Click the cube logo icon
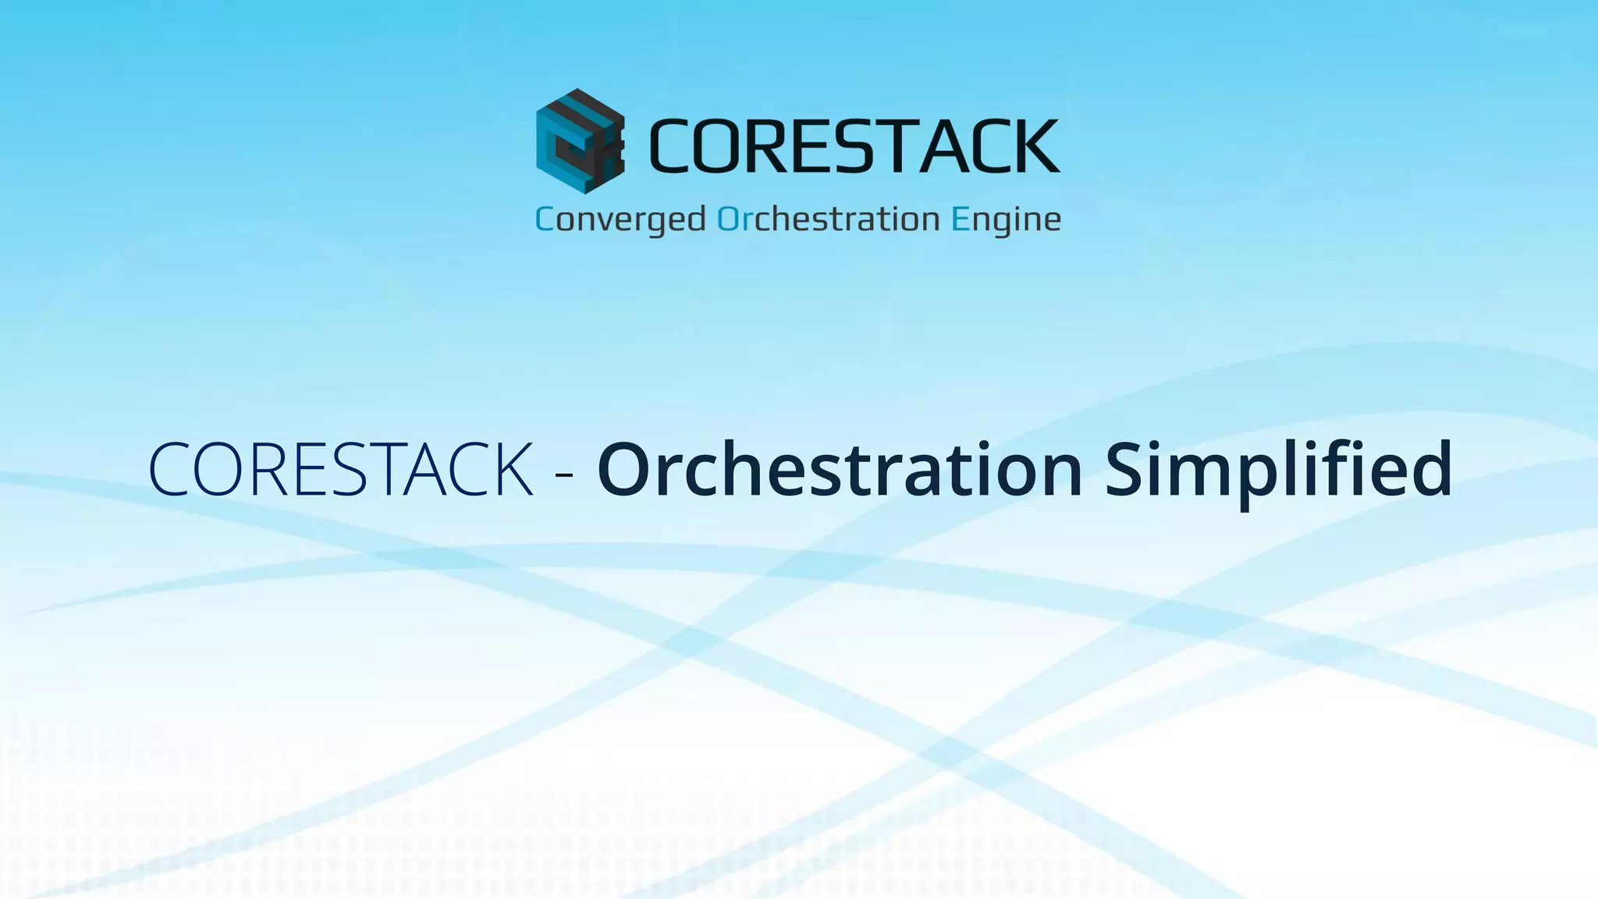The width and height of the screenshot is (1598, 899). tap(580, 141)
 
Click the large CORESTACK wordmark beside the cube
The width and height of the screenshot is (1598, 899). tap(854, 146)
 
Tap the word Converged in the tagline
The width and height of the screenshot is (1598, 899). tap(620, 219)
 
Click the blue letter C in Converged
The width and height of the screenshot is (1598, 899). tap(544, 219)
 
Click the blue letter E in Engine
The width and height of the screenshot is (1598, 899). tap(960, 219)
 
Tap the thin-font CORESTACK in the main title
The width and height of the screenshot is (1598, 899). tap(340, 470)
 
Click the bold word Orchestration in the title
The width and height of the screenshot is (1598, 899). tap(840, 470)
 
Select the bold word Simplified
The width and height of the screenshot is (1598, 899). tap(1278, 470)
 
